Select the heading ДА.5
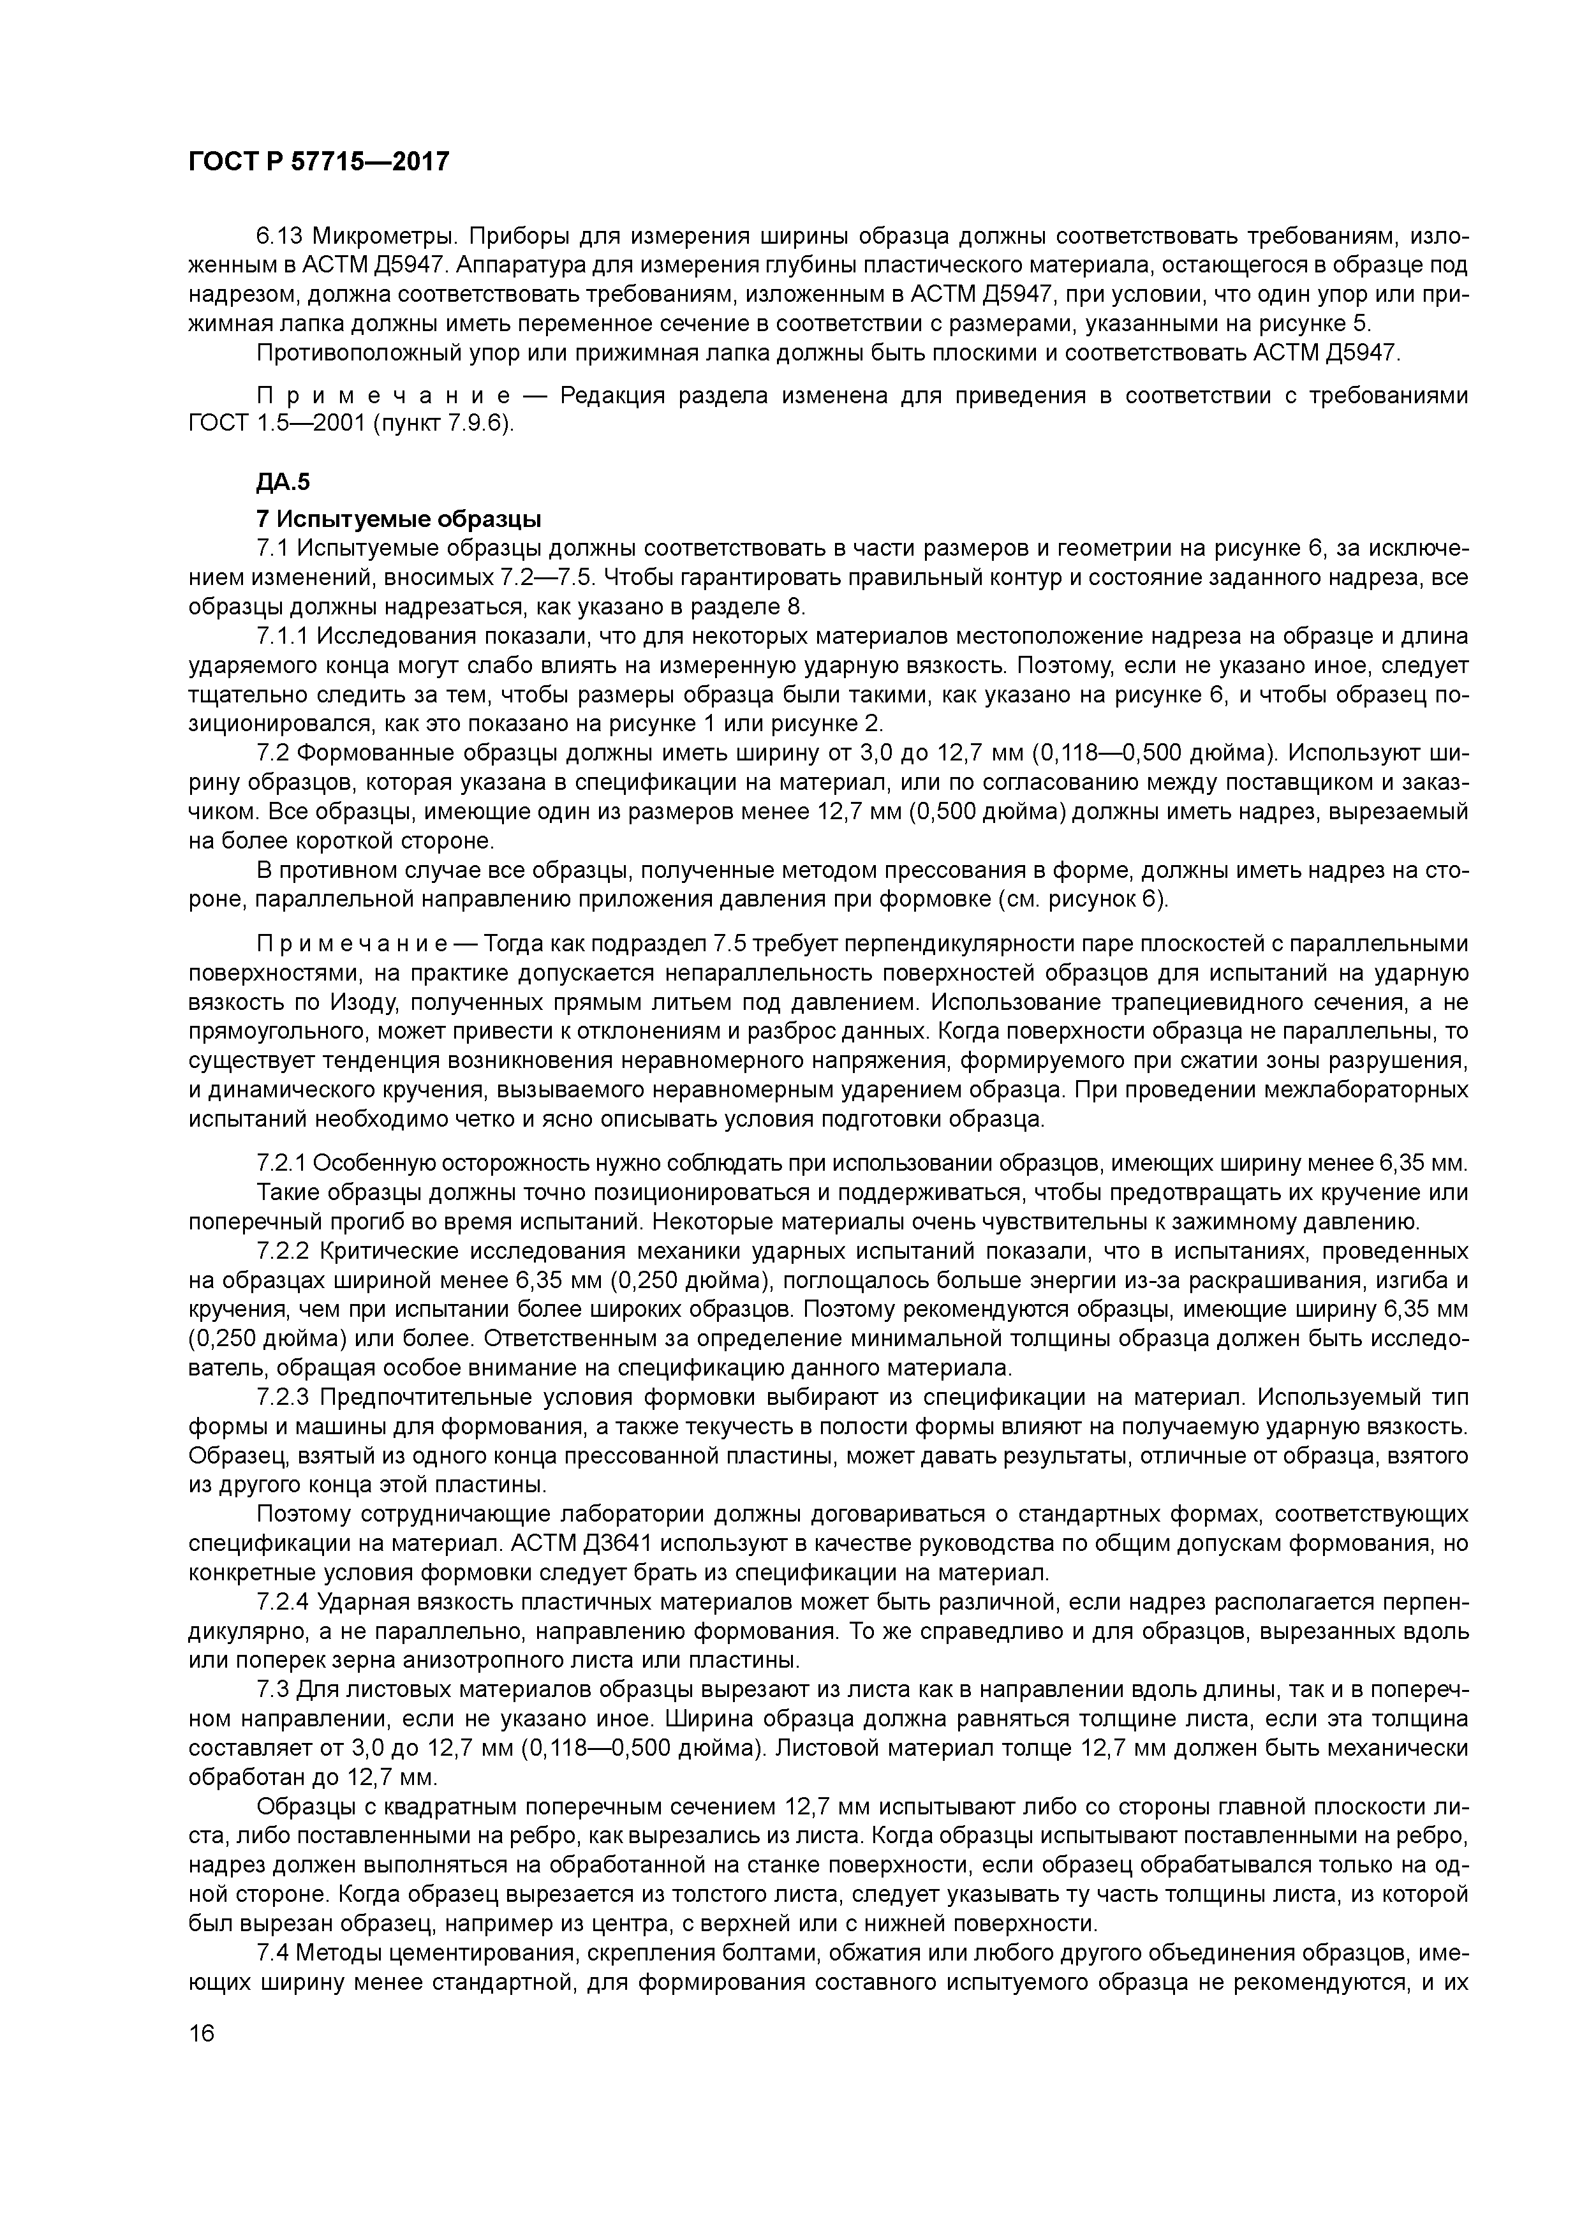pyautogui.click(x=283, y=482)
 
